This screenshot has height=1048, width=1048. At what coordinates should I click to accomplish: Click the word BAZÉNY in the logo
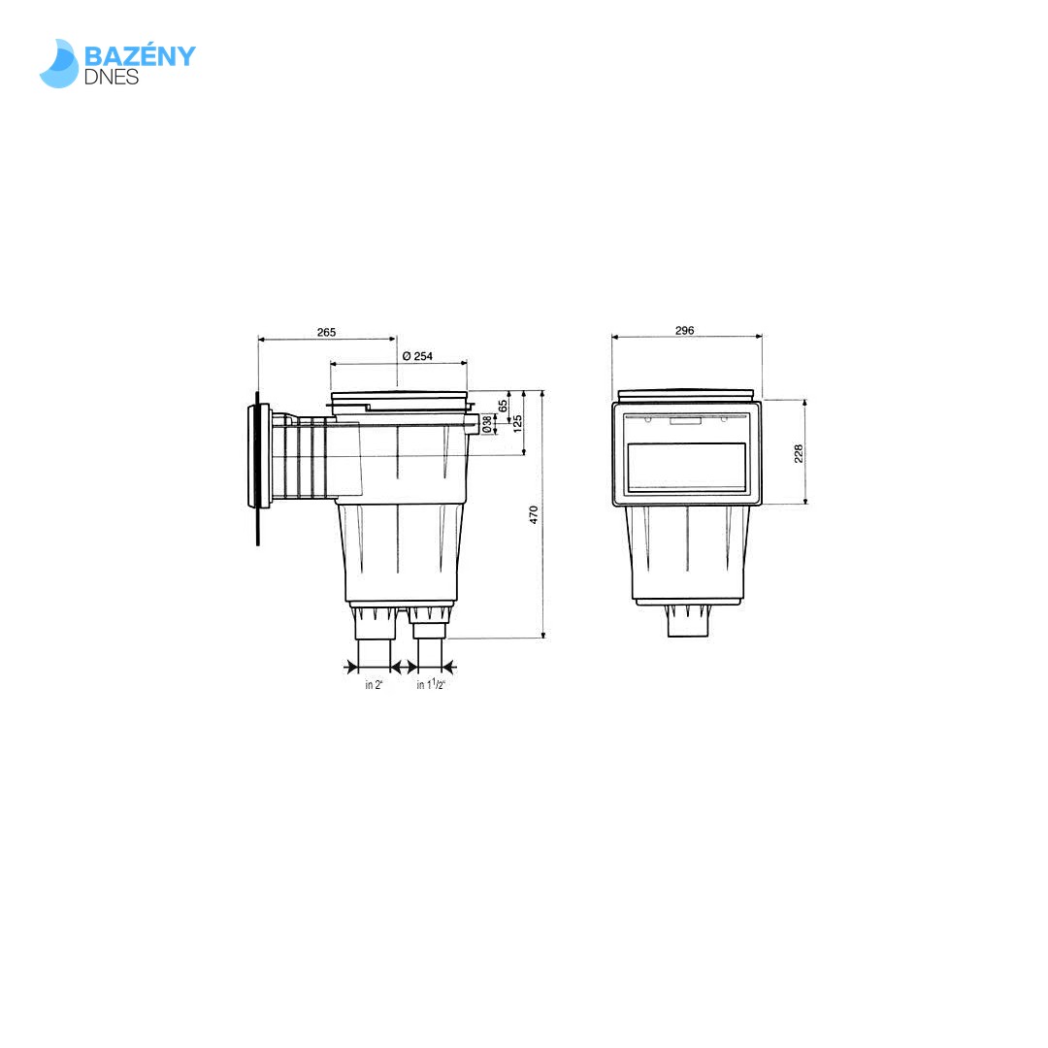[140, 55]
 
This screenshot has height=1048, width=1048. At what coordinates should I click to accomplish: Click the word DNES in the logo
[112, 77]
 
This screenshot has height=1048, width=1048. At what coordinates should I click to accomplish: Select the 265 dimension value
[326, 332]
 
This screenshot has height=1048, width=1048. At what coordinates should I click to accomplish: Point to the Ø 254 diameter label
[417, 356]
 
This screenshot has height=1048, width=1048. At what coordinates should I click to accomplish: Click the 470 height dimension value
[534, 514]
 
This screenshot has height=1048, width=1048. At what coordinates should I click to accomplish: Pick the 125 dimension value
[517, 423]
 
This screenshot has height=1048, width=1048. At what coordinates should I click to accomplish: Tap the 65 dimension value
[503, 406]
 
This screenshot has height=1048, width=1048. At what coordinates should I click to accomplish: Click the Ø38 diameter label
[487, 424]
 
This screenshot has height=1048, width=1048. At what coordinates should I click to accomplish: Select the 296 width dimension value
[684, 330]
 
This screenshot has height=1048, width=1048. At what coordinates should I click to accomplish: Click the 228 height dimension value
[799, 452]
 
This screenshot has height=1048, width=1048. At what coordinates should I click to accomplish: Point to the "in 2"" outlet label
[374, 685]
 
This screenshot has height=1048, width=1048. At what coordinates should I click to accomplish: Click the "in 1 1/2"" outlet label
[431, 685]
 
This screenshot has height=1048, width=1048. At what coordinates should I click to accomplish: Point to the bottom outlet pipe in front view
[687, 623]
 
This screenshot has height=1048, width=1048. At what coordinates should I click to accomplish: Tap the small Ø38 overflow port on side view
[474, 424]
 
